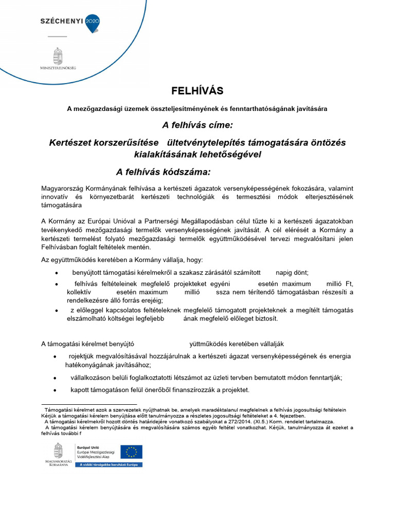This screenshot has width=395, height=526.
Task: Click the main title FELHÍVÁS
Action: point(197,91)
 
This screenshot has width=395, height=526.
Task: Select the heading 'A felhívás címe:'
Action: point(197,125)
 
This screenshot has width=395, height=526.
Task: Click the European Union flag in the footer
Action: point(131,452)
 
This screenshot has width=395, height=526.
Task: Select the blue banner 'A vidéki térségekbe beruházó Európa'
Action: point(109,464)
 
